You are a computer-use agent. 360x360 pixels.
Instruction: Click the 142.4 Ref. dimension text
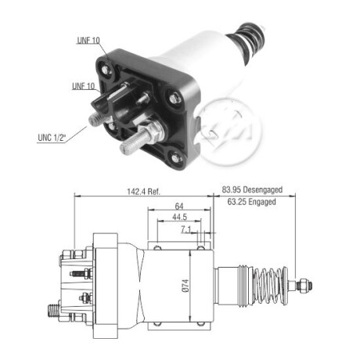point(143,192)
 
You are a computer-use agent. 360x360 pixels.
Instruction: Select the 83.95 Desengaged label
point(252,189)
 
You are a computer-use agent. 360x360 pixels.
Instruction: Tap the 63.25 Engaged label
point(251,202)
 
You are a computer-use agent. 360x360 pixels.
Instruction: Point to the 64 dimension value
point(179,206)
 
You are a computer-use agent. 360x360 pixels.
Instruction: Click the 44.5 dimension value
point(179,217)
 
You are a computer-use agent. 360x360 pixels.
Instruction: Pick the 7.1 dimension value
point(186,229)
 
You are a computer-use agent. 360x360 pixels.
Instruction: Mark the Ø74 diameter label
point(185,286)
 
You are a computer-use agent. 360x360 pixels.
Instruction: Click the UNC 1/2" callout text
point(52,138)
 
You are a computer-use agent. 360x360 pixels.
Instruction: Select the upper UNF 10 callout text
point(88,40)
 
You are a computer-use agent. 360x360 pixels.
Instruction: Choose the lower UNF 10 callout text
point(84,86)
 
